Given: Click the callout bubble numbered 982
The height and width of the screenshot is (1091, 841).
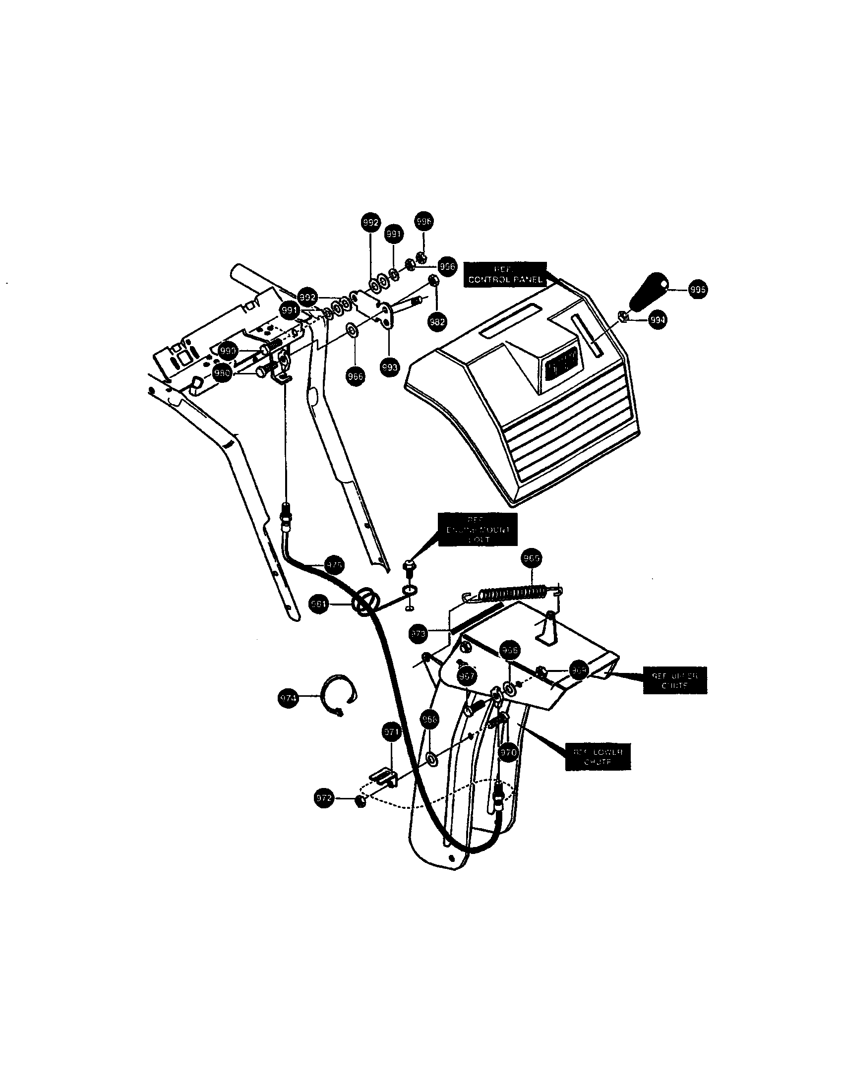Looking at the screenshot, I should (437, 322).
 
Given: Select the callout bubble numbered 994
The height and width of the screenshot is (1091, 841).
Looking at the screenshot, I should (658, 320).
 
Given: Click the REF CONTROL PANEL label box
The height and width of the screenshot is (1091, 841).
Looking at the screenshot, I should (505, 274).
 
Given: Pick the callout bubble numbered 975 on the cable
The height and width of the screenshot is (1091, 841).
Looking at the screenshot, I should (334, 565).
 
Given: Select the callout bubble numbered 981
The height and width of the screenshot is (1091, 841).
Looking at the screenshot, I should (318, 604).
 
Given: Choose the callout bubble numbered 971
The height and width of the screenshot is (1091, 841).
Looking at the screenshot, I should (392, 733).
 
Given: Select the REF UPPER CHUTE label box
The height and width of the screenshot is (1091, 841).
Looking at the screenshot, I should (675, 680).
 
